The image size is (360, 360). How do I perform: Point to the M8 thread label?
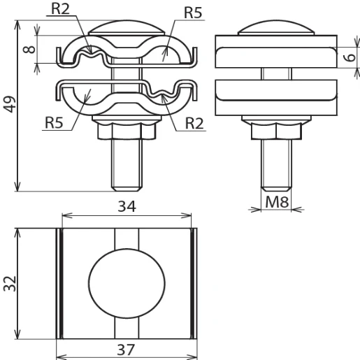(275, 203)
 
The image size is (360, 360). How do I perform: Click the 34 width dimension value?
(127, 206)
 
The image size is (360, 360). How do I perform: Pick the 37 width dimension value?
(126, 349)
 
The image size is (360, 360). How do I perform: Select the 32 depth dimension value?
(9, 283)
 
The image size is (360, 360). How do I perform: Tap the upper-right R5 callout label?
(194, 13)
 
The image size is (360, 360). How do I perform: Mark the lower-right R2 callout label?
(195, 123)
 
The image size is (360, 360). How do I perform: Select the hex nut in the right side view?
(276, 131)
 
